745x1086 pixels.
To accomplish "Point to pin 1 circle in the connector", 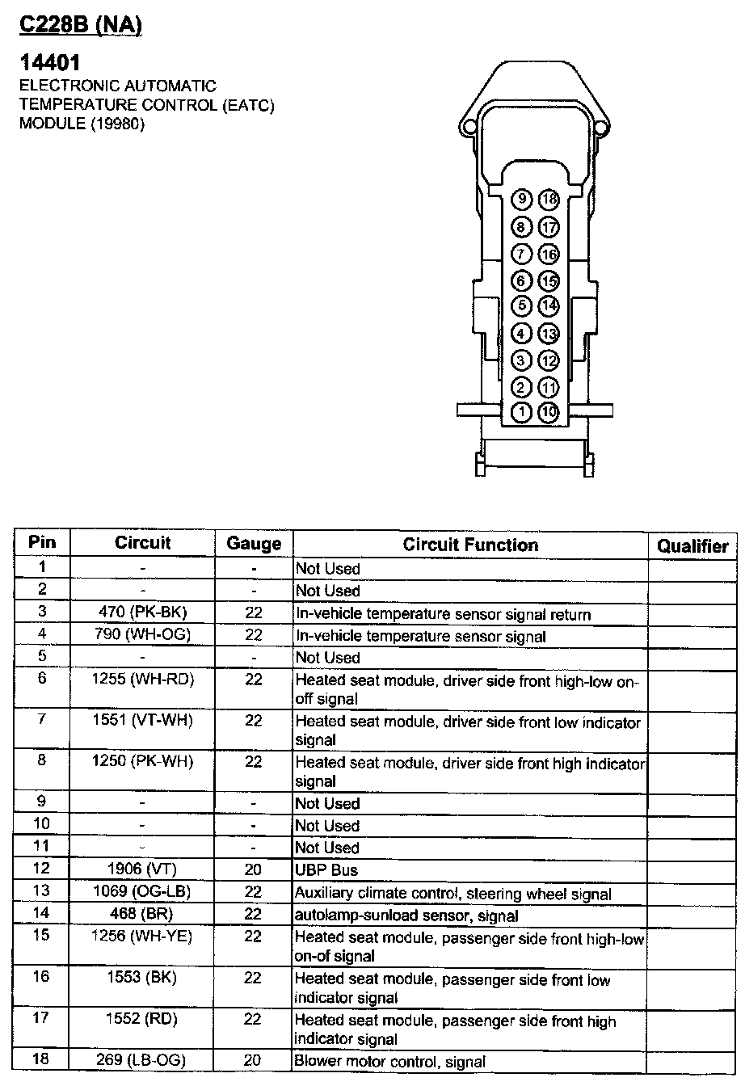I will tap(523, 413).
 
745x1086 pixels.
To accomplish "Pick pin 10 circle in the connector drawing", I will tap(549, 413).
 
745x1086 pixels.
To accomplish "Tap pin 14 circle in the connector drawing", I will tap(549, 306).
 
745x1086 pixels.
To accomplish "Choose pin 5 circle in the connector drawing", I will tap(523, 306).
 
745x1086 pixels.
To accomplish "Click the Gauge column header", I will tap(254, 544).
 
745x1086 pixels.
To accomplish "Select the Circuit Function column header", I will tap(470, 545).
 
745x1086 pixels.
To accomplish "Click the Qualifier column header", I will tap(692, 546).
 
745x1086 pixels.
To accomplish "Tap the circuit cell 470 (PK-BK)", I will tap(142, 613).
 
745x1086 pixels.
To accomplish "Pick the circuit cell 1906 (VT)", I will tap(142, 869).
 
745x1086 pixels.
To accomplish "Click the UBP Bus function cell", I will tap(326, 870).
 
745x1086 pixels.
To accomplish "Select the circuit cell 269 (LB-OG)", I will tap(142, 1061).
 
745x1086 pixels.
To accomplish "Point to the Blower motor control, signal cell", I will tap(390, 1062).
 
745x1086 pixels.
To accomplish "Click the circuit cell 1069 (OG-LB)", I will tap(142, 892).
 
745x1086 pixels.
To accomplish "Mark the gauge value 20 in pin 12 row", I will tap(254, 869).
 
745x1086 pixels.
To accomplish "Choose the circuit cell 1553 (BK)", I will tap(142, 978).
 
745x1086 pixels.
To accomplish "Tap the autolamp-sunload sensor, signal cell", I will tap(406, 916).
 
